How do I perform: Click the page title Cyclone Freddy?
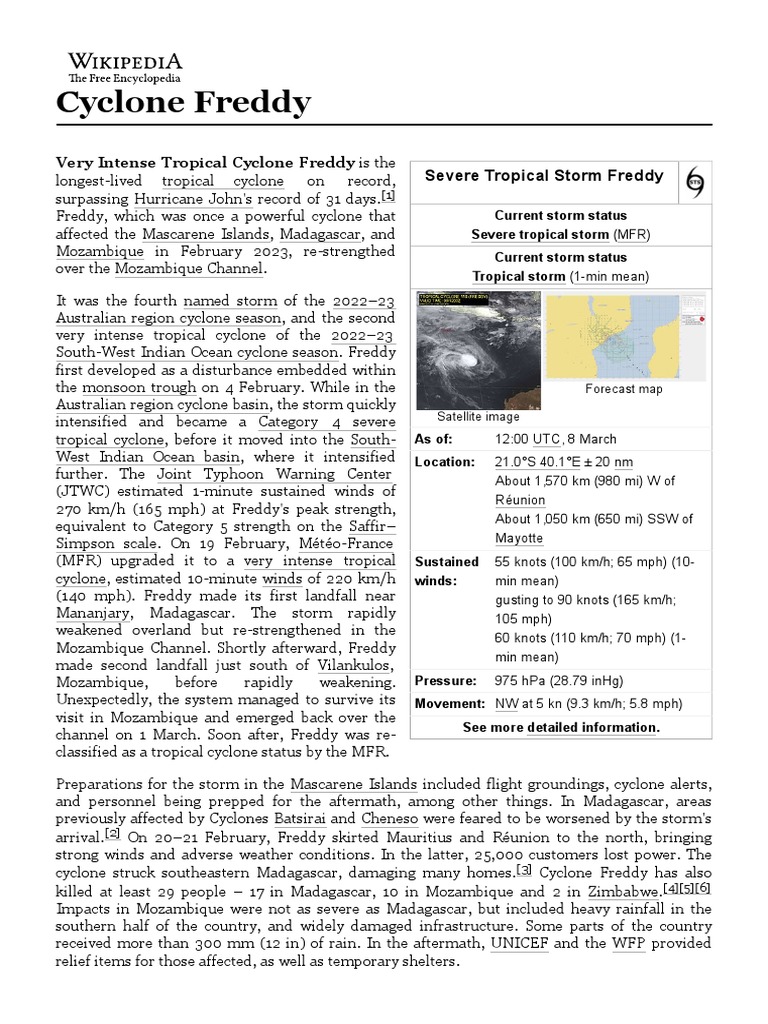[183, 102]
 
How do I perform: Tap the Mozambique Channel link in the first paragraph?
[188, 269]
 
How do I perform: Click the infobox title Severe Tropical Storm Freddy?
[544, 176]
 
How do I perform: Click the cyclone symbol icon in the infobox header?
[696, 180]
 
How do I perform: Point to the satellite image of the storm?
[478, 349]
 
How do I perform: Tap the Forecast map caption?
[624, 389]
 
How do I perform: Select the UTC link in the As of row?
[546, 439]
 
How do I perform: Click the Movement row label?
[450, 704]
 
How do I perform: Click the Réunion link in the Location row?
[520, 500]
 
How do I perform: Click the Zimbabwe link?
[622, 891]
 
